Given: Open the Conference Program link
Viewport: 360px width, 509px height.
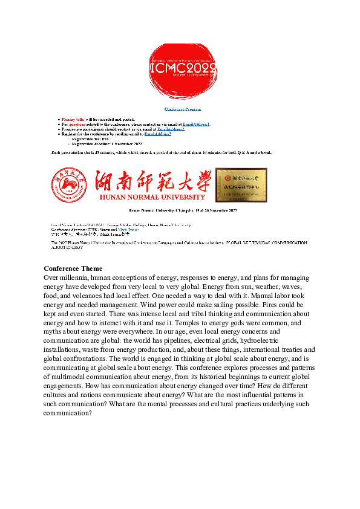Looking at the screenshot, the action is point(180,109).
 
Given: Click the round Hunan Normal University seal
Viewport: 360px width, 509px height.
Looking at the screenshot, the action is point(72,185).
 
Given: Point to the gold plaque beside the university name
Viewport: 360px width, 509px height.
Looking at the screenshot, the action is point(241,184).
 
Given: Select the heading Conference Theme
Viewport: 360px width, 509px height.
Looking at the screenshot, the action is point(73,268).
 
